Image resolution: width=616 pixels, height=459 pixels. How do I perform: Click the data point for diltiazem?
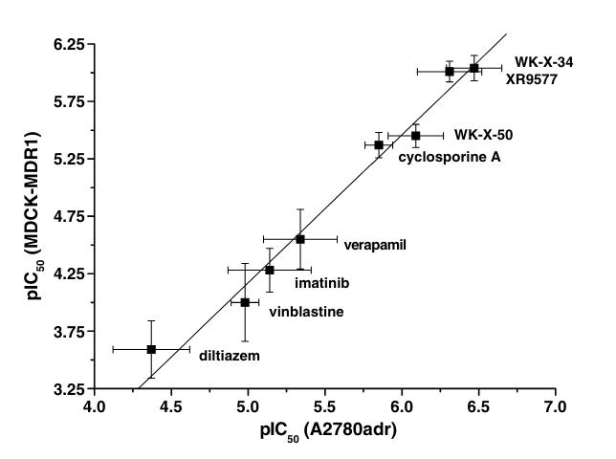[151, 349]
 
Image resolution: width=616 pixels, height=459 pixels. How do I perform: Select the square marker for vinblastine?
[245, 302]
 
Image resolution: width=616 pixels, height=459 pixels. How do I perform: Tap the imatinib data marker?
[270, 270]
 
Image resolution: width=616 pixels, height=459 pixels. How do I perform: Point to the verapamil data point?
[300, 239]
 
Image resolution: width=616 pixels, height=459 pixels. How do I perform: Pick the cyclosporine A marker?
[379, 144]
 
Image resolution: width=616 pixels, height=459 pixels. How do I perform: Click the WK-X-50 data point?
[416, 136]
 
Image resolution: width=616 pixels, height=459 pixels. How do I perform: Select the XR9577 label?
[532, 80]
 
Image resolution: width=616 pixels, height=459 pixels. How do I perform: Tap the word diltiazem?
[229, 356]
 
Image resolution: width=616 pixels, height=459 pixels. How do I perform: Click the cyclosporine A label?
[449, 156]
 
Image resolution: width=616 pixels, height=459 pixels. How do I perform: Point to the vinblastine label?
[306, 312]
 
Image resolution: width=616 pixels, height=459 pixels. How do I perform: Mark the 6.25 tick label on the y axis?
[68, 44]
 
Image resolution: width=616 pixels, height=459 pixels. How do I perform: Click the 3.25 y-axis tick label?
[68, 389]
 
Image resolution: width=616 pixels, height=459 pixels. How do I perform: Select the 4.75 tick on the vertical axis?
[68, 216]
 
